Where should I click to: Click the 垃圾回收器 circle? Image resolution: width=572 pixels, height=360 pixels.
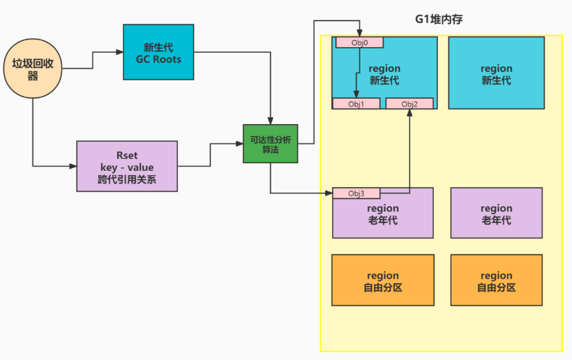[x=33, y=69]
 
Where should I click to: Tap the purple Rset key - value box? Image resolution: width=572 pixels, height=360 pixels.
[x=127, y=167]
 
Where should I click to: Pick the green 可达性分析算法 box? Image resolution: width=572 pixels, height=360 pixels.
[x=270, y=144]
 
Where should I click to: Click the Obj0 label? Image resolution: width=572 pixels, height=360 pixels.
[x=359, y=42]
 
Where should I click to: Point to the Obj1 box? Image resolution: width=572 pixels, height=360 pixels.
[x=356, y=104]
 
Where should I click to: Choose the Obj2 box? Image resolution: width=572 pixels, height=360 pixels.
[x=409, y=104]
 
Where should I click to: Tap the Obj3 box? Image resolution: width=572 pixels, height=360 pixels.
[x=356, y=193]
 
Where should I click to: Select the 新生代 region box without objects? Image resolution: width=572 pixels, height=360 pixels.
[x=496, y=73]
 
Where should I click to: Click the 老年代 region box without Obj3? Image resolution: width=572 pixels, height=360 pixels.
[x=496, y=214]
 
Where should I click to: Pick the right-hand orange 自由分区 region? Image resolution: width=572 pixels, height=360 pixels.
[x=496, y=281]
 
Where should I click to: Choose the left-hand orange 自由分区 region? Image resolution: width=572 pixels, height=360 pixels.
[x=382, y=281]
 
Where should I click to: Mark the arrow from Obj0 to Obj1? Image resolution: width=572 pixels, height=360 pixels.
[x=353, y=74]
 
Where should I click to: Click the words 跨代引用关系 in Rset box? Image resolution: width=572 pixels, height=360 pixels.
[x=127, y=180]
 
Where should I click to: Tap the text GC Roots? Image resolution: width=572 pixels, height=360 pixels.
[x=158, y=60]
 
